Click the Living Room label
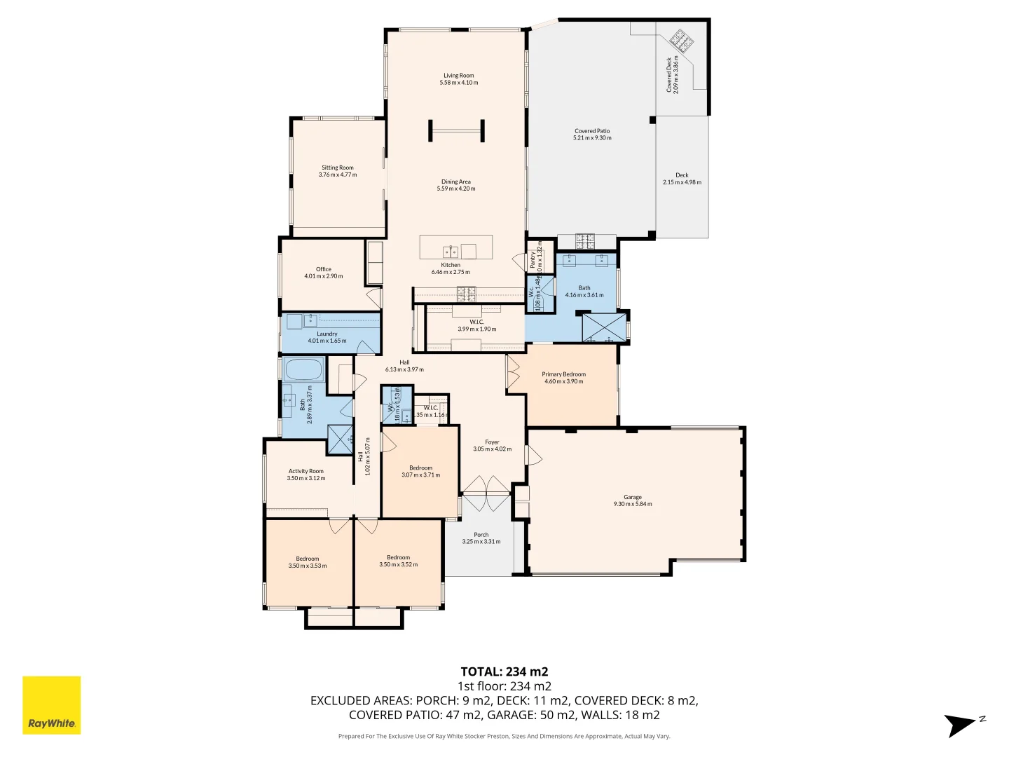click(x=458, y=76)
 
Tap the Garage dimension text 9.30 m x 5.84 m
click(x=633, y=504)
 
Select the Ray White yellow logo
click(x=52, y=705)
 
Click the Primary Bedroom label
click(x=563, y=374)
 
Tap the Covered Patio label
click(x=592, y=131)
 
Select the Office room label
click(x=323, y=269)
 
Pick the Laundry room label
click(x=327, y=334)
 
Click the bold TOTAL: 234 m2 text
click(x=504, y=671)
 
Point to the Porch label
click(x=481, y=535)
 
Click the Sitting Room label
click(x=337, y=168)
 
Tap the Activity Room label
click(x=306, y=471)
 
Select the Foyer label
click(x=492, y=442)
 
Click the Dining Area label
click(x=455, y=182)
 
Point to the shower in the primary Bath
click(x=603, y=328)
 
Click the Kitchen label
click(x=451, y=265)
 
